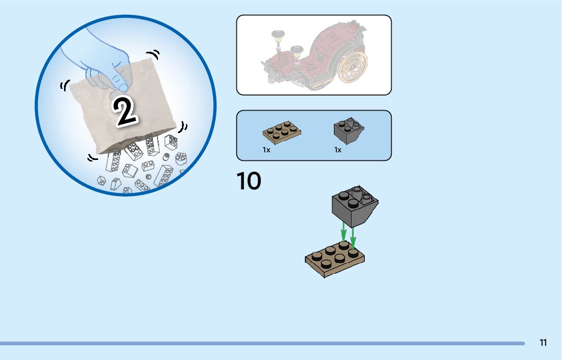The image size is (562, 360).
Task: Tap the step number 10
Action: point(249,181)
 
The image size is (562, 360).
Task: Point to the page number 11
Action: point(543,343)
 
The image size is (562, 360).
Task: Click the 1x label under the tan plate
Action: point(266,150)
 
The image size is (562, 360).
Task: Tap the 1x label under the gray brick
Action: point(338,150)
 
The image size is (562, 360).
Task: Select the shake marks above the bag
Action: point(153,54)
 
